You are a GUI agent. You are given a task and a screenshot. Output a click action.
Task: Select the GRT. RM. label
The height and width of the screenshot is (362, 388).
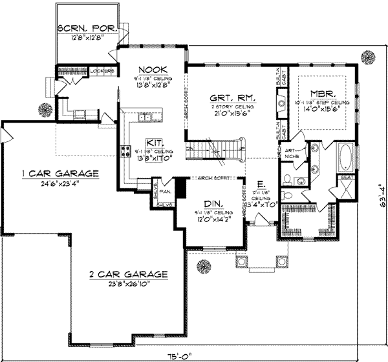click(232, 99)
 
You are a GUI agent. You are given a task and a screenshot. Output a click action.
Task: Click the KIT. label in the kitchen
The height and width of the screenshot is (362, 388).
click(153, 143)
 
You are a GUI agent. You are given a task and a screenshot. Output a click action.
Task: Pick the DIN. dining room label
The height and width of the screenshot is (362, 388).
click(210, 203)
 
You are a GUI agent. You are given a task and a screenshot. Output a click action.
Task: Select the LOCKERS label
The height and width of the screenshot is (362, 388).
click(103, 70)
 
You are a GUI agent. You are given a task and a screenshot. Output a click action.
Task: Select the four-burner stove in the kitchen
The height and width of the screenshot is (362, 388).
click(124, 152)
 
